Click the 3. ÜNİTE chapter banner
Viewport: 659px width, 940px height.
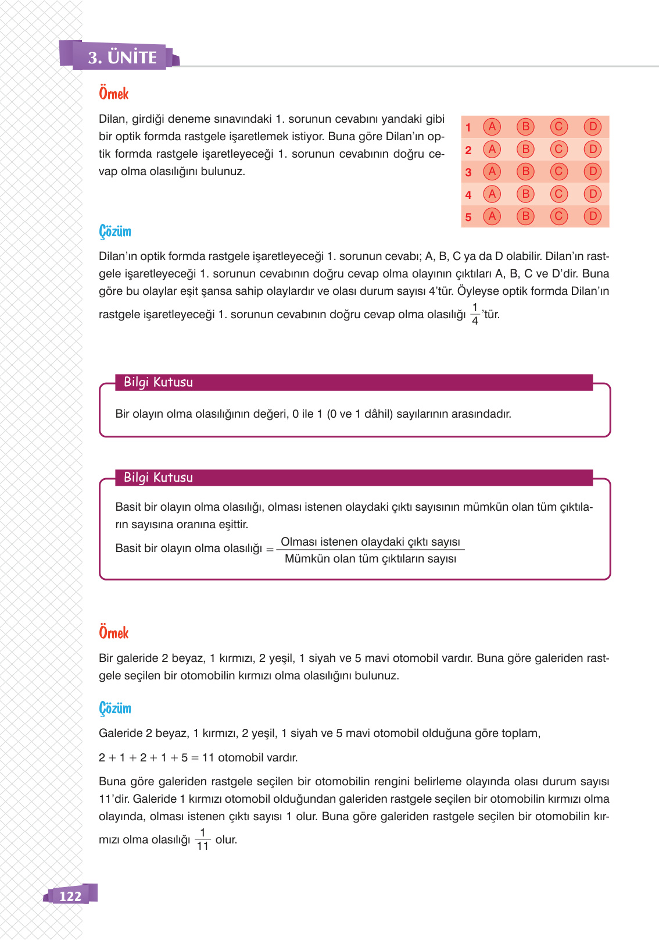click(123, 58)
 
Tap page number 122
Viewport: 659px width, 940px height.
click(70, 896)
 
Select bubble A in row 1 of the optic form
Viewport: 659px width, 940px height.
click(492, 127)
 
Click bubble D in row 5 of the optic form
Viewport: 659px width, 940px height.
click(592, 216)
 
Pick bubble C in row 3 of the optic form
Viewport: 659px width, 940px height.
click(558, 172)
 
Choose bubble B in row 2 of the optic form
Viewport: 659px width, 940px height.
click(525, 149)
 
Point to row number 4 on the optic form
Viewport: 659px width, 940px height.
click(468, 195)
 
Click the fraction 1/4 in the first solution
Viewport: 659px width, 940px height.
click(475, 314)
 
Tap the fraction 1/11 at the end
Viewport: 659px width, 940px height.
click(202, 839)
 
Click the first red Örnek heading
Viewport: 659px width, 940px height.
click(113, 94)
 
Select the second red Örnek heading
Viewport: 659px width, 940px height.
click(113, 633)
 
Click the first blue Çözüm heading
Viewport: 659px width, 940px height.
click(115, 232)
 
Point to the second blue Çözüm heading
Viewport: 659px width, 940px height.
click(115, 708)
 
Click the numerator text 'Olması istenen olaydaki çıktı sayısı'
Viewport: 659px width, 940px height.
click(370, 542)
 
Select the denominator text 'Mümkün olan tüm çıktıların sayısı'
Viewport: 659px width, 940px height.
click(370, 559)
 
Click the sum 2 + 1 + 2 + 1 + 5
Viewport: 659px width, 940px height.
click(143, 757)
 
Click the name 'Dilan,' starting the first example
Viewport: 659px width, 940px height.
click(113, 119)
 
